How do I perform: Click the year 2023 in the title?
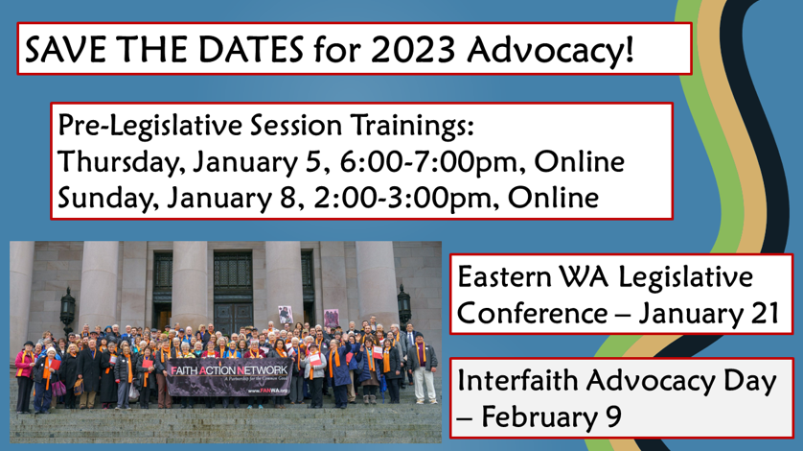click(x=413, y=50)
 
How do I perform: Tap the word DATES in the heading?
click(x=251, y=50)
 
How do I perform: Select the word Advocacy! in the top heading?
click(x=550, y=51)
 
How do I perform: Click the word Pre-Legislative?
click(x=149, y=126)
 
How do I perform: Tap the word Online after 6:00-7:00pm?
click(x=579, y=161)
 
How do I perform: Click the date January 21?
click(x=709, y=314)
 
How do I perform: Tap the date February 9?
click(x=551, y=417)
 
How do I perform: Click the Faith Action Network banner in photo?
click(x=229, y=377)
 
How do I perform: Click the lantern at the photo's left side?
click(x=67, y=309)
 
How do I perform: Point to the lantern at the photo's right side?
click(x=404, y=304)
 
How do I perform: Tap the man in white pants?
click(x=423, y=368)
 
